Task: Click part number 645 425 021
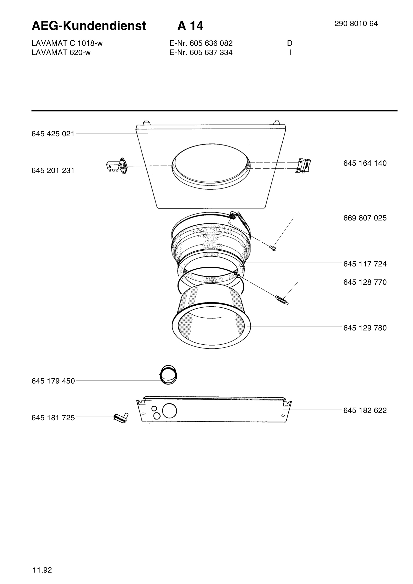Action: click(x=53, y=134)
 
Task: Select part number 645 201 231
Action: click(x=53, y=170)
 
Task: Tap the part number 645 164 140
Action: click(x=365, y=163)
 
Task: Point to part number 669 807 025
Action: click(x=365, y=218)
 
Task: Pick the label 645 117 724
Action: click(x=365, y=264)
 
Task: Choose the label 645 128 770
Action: click(x=365, y=282)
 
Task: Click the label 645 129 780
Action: click(x=365, y=328)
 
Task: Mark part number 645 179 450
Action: click(x=53, y=381)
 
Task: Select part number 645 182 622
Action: click(x=365, y=411)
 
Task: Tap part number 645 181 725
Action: click(x=53, y=418)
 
